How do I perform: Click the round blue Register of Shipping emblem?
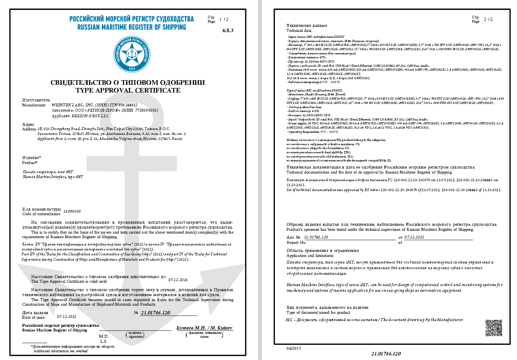click(132, 53)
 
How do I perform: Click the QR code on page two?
click(493, 327)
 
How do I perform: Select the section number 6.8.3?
click(228, 30)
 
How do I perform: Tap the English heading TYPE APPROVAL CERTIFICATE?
click(128, 90)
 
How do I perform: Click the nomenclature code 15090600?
click(72, 211)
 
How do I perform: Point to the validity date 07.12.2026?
click(178, 280)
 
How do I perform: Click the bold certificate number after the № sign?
click(155, 313)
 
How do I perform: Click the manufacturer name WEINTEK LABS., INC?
click(73, 105)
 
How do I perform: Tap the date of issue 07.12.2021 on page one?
click(66, 317)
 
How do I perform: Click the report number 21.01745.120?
click(316, 237)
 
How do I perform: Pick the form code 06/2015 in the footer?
click(293, 348)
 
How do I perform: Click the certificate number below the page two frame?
click(386, 354)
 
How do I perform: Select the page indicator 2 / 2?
click(488, 19)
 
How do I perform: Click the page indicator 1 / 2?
click(224, 19)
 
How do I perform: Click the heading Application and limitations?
click(310, 255)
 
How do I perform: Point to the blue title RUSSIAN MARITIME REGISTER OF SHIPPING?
click(131, 27)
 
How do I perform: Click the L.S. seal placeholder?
click(103, 341)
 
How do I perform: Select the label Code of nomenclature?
click(41, 214)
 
